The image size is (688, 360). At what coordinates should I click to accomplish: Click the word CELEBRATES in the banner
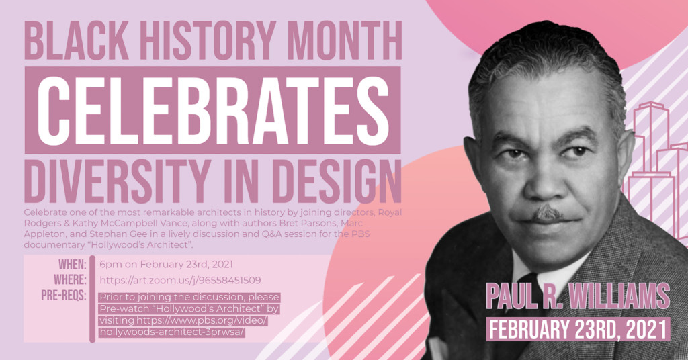point(213,111)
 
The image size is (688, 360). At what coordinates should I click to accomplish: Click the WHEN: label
point(72,265)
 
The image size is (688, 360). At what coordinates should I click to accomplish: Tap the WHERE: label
point(70,280)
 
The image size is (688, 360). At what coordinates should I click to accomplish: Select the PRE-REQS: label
point(64,295)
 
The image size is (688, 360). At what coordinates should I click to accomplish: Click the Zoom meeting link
point(180,280)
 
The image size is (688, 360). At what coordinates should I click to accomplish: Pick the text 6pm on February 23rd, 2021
point(166,265)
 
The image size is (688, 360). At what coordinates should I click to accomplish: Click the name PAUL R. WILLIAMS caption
point(577,296)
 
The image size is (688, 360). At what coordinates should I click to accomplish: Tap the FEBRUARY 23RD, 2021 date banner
point(578,329)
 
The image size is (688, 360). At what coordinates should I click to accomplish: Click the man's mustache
point(548,214)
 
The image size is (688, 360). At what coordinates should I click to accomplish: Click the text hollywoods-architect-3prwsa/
point(172,332)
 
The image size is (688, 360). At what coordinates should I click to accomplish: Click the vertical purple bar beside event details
point(92,298)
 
